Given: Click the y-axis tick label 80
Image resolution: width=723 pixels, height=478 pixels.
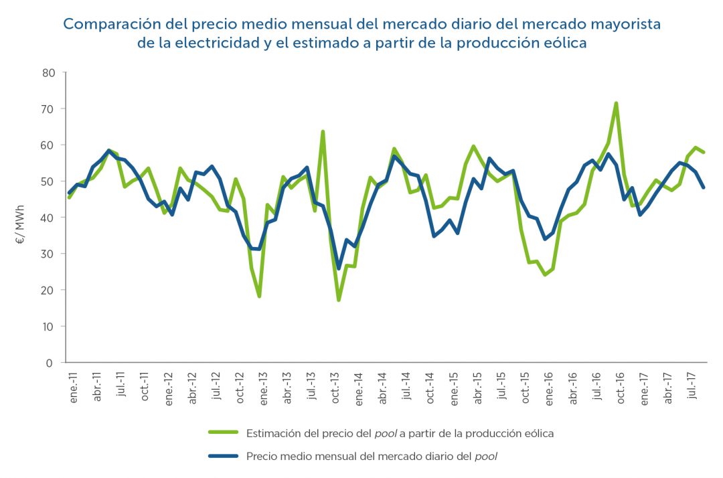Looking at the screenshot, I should (x=48, y=72).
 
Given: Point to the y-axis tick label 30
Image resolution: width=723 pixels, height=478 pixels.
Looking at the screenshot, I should (x=48, y=254).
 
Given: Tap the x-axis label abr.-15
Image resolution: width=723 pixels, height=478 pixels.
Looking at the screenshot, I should (x=479, y=386).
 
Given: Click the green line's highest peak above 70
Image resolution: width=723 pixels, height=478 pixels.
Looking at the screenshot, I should (x=616, y=103).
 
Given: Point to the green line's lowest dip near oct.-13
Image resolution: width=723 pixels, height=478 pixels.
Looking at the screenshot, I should (x=339, y=300).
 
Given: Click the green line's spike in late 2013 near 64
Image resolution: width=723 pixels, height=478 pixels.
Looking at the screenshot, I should (x=323, y=131).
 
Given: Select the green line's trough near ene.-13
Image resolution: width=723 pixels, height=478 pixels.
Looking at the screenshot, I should (x=259, y=297).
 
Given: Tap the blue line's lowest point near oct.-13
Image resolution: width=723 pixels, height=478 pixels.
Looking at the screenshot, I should (x=339, y=268).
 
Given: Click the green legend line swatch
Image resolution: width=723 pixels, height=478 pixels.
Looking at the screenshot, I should (x=224, y=433).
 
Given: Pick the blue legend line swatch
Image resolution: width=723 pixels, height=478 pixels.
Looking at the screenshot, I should (x=224, y=457).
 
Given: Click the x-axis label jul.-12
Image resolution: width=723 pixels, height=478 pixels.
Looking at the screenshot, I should (x=216, y=386).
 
